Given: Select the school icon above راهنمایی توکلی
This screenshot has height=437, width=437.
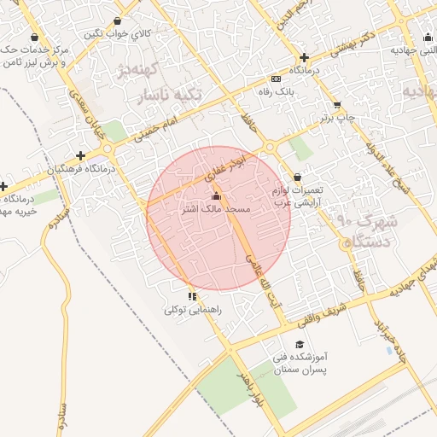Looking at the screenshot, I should pyautogui.click(x=193, y=297).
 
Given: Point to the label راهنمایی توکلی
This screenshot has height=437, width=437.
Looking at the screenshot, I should pyautogui.click(x=193, y=311).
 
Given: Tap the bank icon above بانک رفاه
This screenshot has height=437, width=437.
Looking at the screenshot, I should pyautogui.click(x=274, y=78).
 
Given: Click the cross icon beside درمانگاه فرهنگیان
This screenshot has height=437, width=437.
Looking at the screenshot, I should pyautogui.click(x=80, y=155).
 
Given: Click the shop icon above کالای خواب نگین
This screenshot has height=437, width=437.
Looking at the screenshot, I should pyautogui.click(x=117, y=21).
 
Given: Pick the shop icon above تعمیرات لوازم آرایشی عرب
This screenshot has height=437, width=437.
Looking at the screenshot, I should pyautogui.click(x=296, y=177).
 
